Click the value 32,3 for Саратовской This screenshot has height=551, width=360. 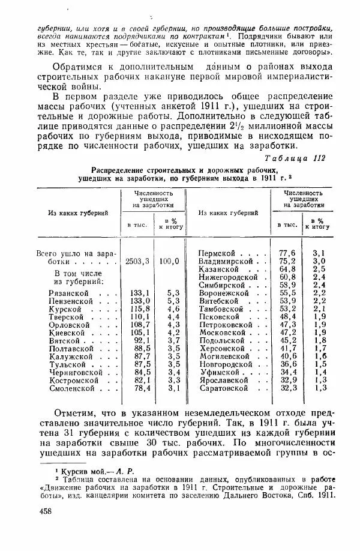point(287,388)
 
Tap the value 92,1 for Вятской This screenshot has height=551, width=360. point(139,340)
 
